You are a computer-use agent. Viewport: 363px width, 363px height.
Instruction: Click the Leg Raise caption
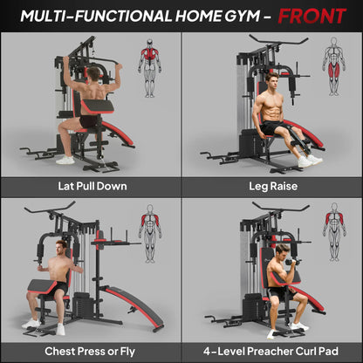[272, 185]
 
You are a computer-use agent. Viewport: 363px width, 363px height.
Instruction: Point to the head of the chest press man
[63, 248]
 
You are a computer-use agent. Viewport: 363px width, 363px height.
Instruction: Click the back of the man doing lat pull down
[86, 98]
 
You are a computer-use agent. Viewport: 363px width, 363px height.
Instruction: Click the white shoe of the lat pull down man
[65, 160]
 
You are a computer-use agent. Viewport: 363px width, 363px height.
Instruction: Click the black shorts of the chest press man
[57, 287]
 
